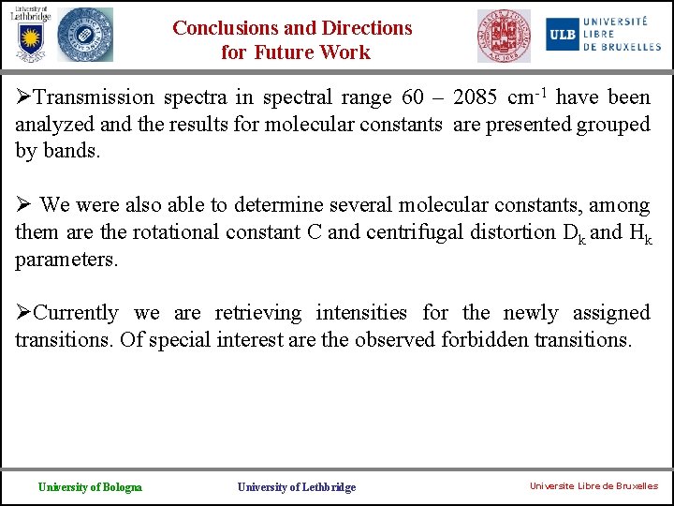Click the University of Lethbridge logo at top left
coord(28,35)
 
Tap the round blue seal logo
coord(84,36)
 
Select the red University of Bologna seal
coord(504,36)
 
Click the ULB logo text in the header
coord(562,34)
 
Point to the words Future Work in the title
coord(321,52)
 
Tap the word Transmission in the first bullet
coord(90,97)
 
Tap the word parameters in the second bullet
coord(66,259)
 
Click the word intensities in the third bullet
coord(361,313)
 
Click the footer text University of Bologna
coord(90,486)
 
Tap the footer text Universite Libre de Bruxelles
coord(593,486)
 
